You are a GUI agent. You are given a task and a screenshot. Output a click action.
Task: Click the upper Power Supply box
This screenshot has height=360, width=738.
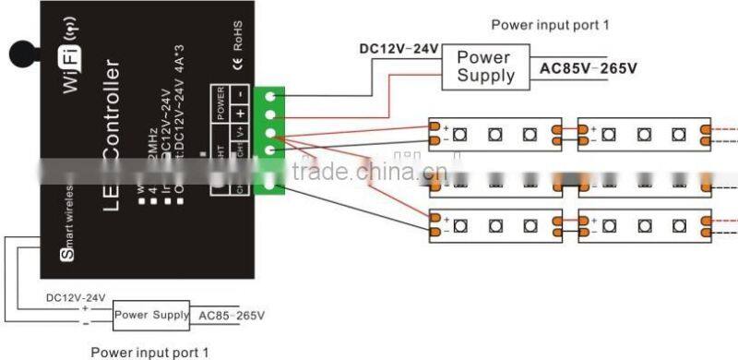(485, 66)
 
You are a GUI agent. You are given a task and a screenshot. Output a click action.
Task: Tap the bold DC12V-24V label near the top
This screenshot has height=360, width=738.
(398, 48)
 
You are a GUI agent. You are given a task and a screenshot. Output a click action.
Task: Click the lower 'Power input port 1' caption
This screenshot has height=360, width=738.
(149, 352)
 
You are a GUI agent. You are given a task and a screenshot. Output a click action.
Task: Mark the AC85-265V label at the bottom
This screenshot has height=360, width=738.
(230, 316)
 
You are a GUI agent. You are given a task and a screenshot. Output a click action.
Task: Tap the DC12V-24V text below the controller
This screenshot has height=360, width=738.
(77, 297)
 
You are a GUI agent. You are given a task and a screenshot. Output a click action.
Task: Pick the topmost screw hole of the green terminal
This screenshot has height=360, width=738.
(272, 97)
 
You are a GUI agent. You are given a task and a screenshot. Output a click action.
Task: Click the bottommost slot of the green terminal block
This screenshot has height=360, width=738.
(272, 184)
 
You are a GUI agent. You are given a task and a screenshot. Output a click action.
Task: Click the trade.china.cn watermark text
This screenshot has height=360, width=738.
(369, 173)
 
